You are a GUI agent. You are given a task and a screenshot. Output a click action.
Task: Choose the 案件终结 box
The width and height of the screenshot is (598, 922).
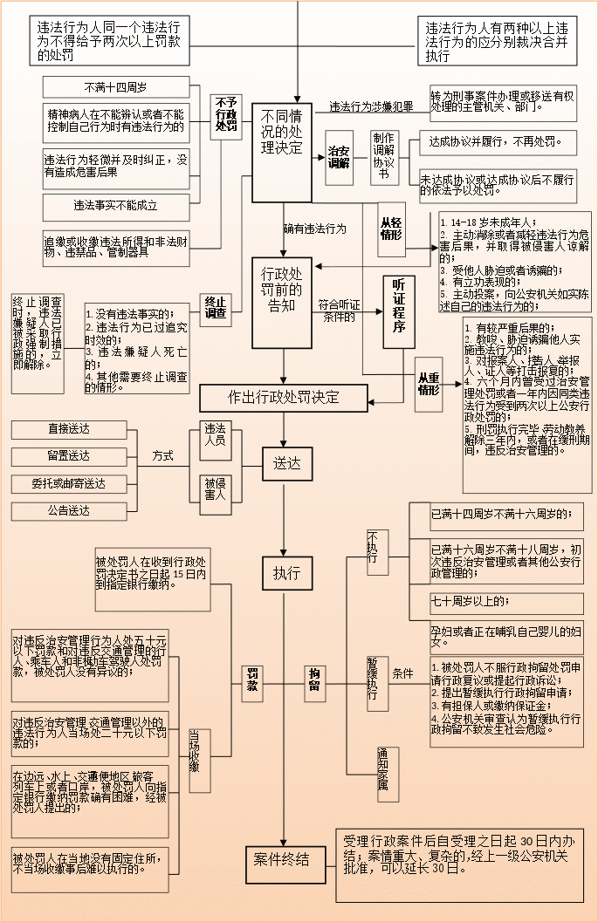coord(281,860)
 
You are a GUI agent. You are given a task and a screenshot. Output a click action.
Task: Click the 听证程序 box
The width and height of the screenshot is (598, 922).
coord(399,311)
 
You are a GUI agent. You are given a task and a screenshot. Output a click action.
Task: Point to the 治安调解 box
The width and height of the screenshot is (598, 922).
coord(339,156)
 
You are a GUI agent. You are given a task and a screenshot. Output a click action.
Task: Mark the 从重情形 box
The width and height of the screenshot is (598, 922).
coord(428,384)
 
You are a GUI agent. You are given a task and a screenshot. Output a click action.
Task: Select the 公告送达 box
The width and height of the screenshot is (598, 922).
coord(69,510)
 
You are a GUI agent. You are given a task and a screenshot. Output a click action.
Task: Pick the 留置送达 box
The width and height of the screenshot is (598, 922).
coord(69,456)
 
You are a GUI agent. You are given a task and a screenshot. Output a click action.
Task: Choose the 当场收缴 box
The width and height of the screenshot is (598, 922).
coord(199,748)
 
